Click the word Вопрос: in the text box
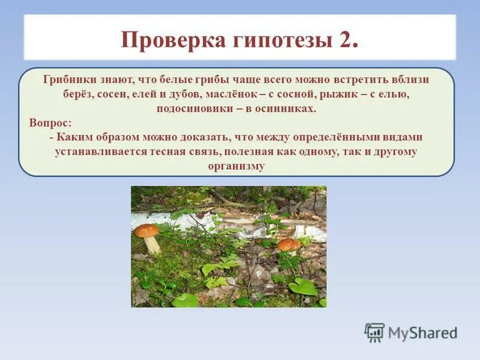click(50, 123)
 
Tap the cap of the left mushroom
click(146, 230)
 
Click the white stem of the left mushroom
click(152, 245)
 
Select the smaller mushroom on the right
click(289, 245)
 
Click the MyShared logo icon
click(374, 332)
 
